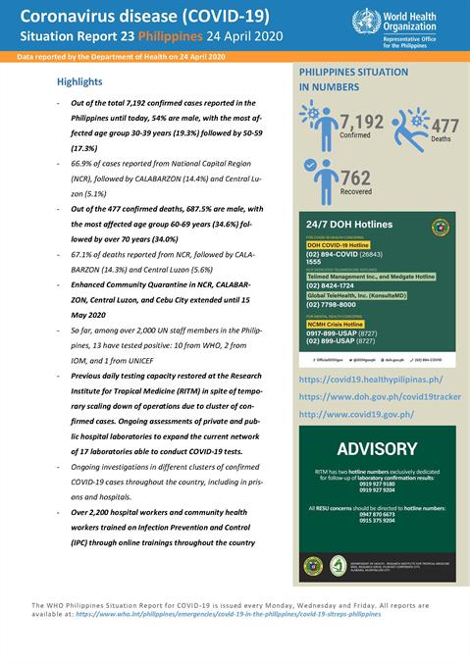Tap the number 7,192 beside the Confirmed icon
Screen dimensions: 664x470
click(x=361, y=123)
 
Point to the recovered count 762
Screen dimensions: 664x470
click(x=355, y=178)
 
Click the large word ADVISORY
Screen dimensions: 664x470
click(x=378, y=449)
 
